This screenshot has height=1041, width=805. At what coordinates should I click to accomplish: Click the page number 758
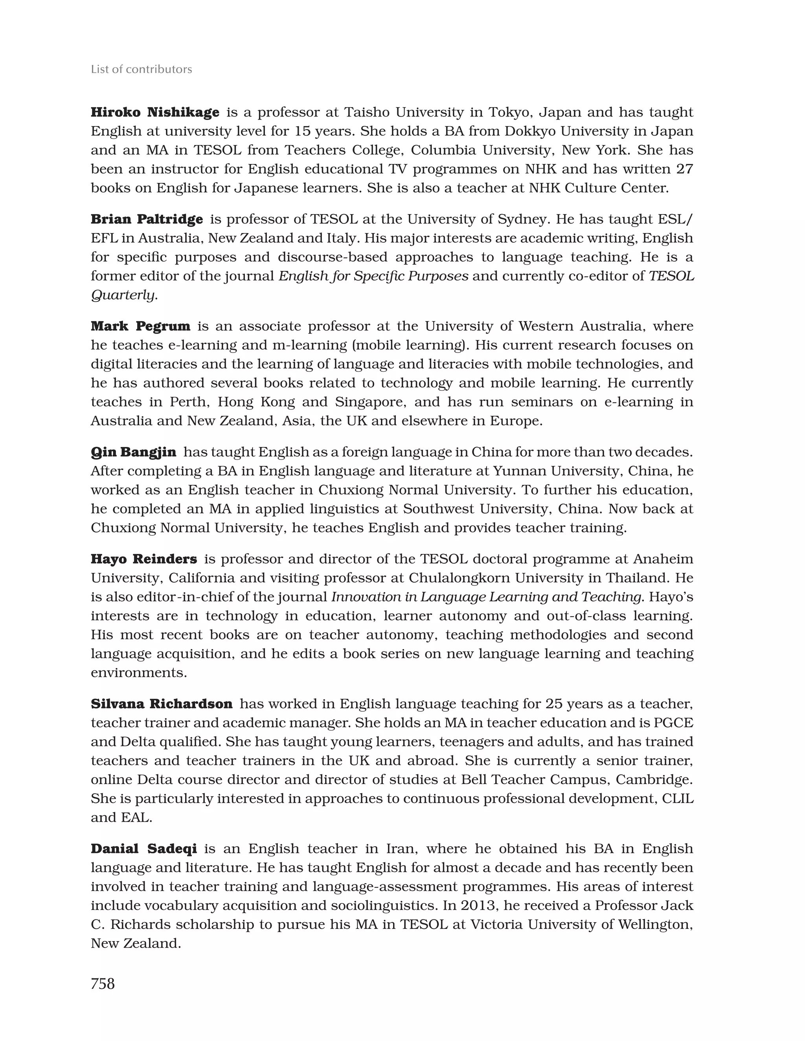pos(103,983)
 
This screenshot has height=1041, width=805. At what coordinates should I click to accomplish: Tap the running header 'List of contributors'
pos(142,70)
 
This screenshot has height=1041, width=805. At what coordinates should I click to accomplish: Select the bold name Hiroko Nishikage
pos(155,113)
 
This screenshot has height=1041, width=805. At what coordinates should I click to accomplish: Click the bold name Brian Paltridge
pos(147,219)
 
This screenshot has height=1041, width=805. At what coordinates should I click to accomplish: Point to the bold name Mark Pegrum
pos(140,326)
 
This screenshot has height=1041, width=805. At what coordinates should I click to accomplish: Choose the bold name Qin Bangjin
pos(133,452)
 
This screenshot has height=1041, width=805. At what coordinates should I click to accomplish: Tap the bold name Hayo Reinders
pos(144,559)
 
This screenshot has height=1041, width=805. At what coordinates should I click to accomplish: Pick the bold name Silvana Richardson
pos(162,703)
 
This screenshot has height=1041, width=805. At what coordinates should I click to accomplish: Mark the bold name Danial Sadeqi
pos(144,849)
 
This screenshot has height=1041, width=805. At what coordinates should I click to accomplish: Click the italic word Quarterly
pos(123,295)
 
